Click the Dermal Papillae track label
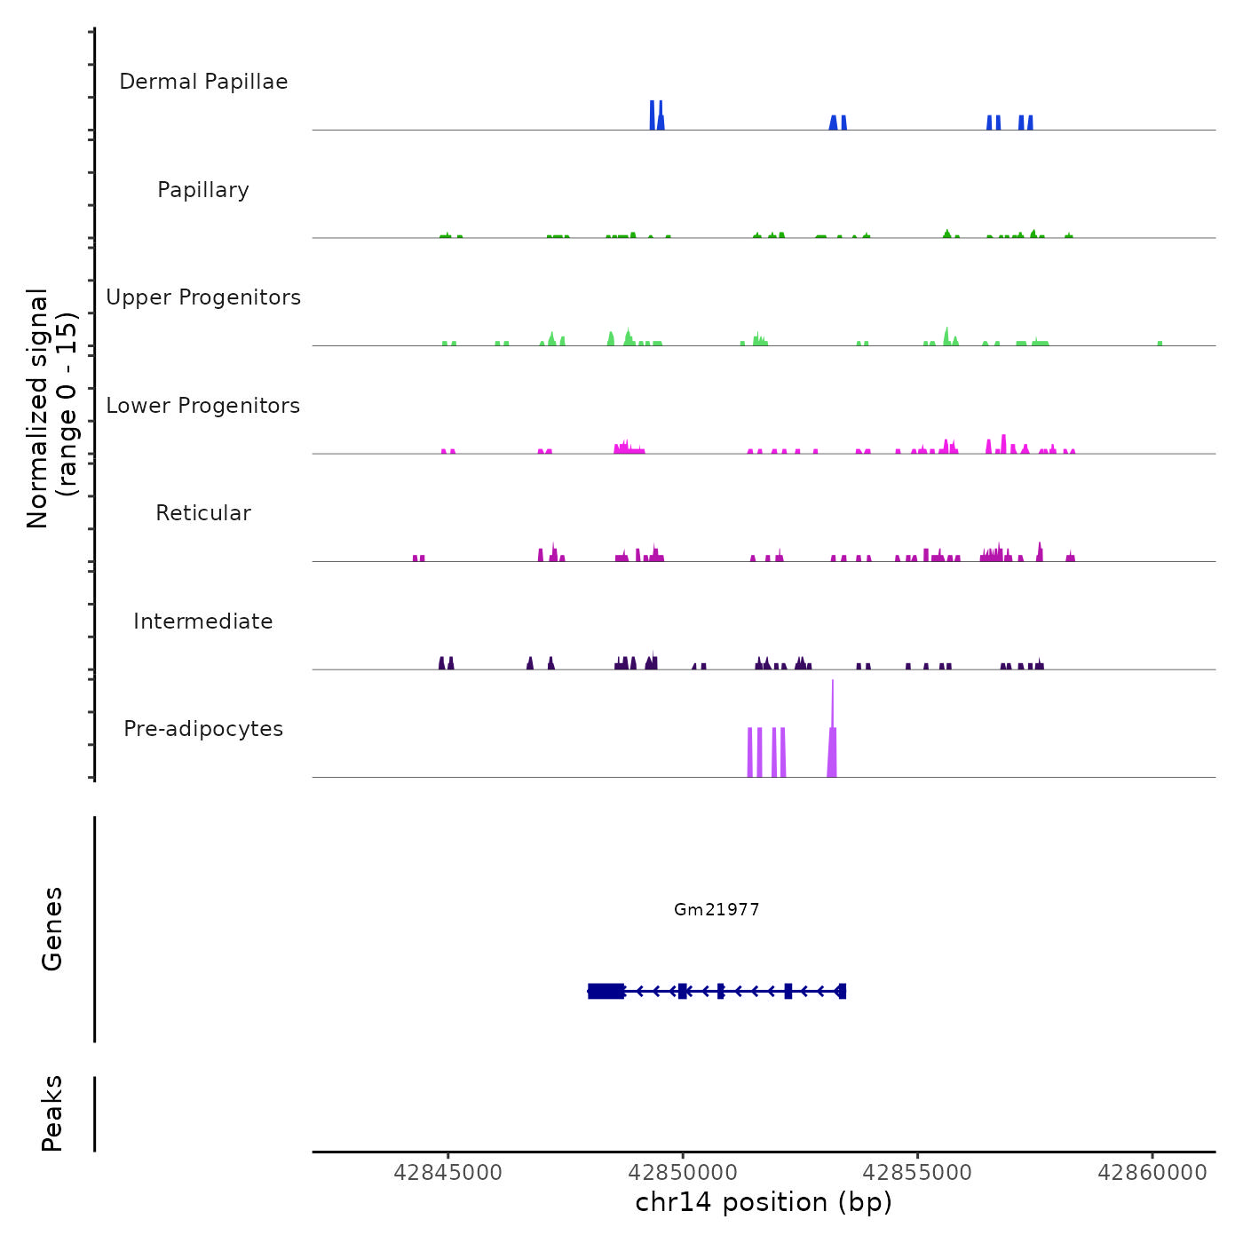pyautogui.click(x=203, y=82)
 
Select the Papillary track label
pyautogui.click(x=203, y=190)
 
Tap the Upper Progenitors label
pyautogui.click(x=203, y=297)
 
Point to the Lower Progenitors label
pyautogui.click(x=203, y=406)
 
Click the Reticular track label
pyautogui.click(x=203, y=513)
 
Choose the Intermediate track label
pyautogui.click(x=203, y=621)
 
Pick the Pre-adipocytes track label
pyautogui.click(x=203, y=729)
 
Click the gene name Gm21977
pyautogui.click(x=717, y=909)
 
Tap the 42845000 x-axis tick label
pyautogui.click(x=447, y=1173)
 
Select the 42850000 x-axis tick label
pyautogui.click(x=683, y=1173)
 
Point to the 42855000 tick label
pyautogui.click(x=918, y=1173)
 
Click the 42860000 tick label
pyautogui.click(x=1152, y=1173)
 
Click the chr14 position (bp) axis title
pyautogui.click(x=764, y=1202)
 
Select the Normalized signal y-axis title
pyautogui.click(x=51, y=408)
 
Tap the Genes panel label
pyautogui.click(x=52, y=929)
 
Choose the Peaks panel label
pyautogui.click(x=52, y=1113)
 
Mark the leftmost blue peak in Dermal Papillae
pyautogui.click(x=653, y=115)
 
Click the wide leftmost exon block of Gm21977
pyautogui.click(x=606, y=991)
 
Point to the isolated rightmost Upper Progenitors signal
pyautogui.click(x=1160, y=343)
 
